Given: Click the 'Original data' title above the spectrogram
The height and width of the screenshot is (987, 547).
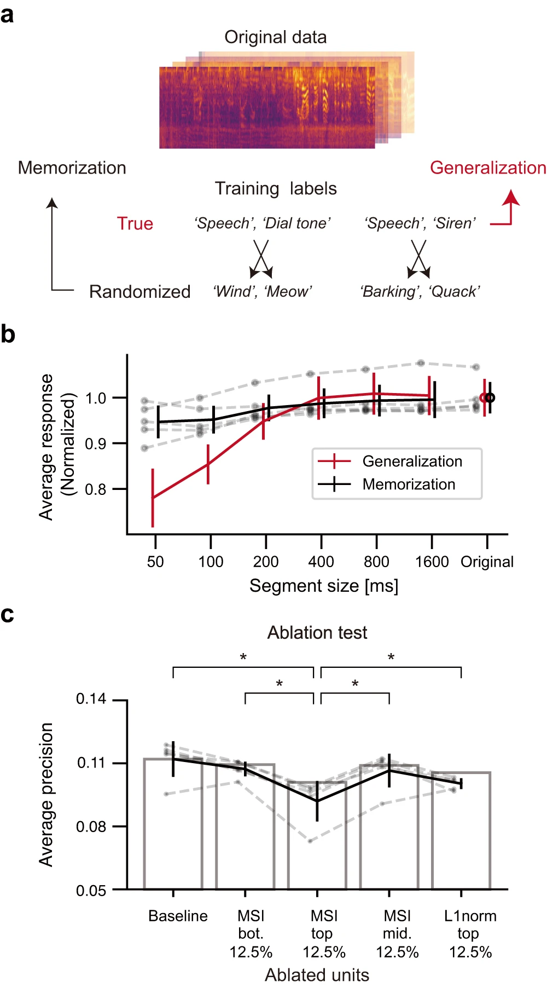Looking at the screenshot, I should coord(275,37).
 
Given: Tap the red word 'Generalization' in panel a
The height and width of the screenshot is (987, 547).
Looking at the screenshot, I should coord(488,168).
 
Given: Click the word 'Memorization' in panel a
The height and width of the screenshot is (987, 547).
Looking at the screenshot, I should coord(72,168).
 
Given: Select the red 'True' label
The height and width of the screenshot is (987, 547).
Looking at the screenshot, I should coord(135,223).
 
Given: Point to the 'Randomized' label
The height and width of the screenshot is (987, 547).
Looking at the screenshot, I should coord(139,291).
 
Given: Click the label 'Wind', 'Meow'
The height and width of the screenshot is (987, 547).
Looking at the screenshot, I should coord(262,291).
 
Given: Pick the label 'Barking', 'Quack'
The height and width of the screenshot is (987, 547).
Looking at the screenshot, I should coord(420,291).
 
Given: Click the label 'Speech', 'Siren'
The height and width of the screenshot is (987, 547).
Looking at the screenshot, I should coord(420,223).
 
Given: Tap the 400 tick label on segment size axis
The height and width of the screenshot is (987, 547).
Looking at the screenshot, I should coord(321,562).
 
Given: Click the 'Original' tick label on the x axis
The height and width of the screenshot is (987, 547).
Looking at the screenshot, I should coord(487,562).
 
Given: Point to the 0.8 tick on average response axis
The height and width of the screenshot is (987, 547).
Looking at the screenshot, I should coord(96,489).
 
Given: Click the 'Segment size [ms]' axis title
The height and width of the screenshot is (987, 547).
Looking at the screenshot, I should coord(324,586).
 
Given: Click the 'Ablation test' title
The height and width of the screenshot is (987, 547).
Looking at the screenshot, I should coord(317,633).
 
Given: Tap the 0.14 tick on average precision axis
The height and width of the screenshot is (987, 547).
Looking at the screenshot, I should coord(91,699).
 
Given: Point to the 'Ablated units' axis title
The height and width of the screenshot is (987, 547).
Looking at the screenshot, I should coord(317,975).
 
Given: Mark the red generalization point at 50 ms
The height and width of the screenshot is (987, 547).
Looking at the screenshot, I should coord(153,498).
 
